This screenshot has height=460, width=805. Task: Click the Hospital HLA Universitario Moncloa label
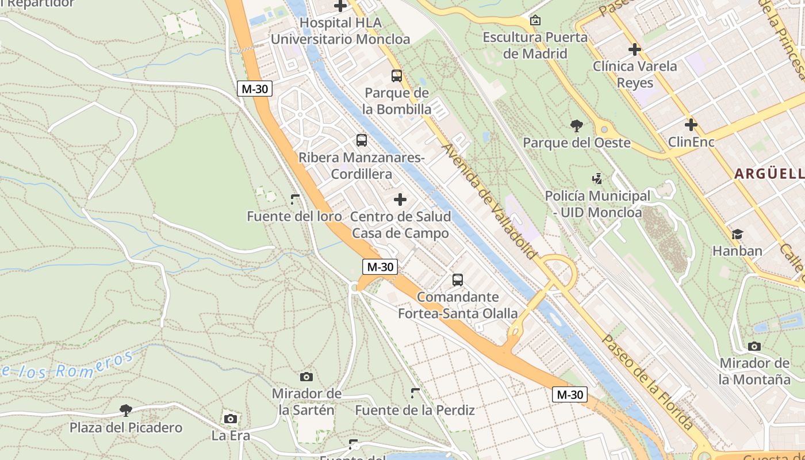coord(340,31)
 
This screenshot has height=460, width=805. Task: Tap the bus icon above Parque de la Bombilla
coord(397,75)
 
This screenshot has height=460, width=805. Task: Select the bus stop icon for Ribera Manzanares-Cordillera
coord(362,140)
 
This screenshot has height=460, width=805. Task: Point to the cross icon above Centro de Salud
coord(400,200)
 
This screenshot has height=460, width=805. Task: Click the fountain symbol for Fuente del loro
coord(295,200)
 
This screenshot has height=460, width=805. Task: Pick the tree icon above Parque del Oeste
coord(576,125)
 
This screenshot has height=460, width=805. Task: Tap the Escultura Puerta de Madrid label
coord(535,45)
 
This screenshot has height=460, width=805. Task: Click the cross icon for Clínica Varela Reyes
coord(635,49)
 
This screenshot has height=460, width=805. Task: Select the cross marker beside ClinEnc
coord(691,124)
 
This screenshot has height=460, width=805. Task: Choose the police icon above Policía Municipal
coord(597,179)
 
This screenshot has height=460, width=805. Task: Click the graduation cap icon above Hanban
coord(737,234)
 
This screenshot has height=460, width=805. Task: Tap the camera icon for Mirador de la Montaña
coord(754,346)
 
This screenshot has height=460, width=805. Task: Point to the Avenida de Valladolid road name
coord(489,201)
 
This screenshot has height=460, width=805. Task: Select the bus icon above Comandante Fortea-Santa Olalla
coord(458,280)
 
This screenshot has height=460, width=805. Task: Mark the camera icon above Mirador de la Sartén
coord(306,377)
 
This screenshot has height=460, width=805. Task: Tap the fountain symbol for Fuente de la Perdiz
coord(415,393)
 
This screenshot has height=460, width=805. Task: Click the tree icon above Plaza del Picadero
coord(126,410)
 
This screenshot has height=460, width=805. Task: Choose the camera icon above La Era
coord(231,419)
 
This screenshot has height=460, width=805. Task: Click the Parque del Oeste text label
coord(576,143)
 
